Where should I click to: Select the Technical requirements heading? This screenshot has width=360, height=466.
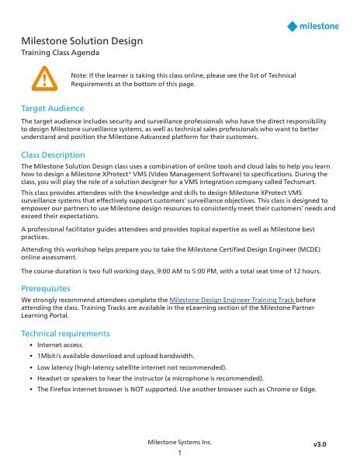click(x=65, y=333)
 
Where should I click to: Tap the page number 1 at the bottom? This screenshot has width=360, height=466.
click(x=179, y=453)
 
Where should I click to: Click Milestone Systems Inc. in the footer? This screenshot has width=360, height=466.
click(x=179, y=442)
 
